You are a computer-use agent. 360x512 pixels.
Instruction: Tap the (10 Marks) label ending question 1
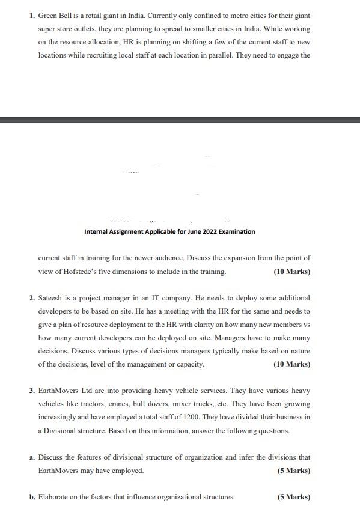292,272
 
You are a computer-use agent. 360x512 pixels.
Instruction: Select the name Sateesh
51,298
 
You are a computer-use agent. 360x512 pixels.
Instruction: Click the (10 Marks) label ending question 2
292,364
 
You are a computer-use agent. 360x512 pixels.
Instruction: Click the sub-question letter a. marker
32,457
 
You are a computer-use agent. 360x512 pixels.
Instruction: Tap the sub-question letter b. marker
32,497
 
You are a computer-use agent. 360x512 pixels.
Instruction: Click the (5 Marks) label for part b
294,497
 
